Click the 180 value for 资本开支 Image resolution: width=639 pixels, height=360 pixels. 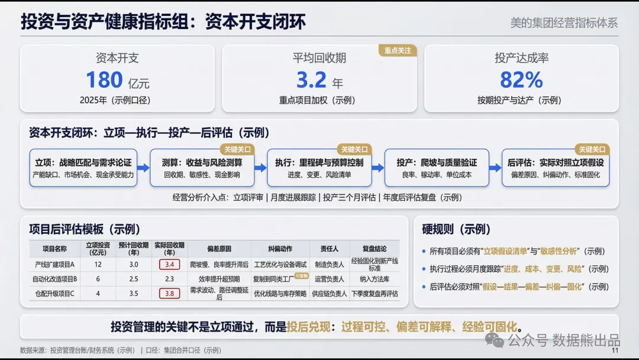point(105,80)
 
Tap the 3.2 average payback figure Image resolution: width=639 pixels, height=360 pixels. point(311,80)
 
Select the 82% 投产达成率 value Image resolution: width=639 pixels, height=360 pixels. point(521,80)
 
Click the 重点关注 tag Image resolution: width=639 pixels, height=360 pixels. point(397,50)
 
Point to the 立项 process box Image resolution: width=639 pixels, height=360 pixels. point(83,168)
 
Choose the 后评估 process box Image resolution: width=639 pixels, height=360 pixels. point(555,168)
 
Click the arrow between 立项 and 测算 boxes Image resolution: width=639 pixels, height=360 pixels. point(143,168)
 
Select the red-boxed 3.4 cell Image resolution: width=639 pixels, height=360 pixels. point(169,264)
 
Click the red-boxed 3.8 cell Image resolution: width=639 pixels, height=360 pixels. point(169,293)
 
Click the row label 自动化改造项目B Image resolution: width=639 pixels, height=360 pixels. point(55,279)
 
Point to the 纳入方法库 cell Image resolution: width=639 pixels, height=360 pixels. point(374,279)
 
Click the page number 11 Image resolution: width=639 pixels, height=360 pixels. point(614,351)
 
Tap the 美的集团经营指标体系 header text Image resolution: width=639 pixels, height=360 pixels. point(563,23)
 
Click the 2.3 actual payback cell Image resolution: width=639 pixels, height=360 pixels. point(169,279)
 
